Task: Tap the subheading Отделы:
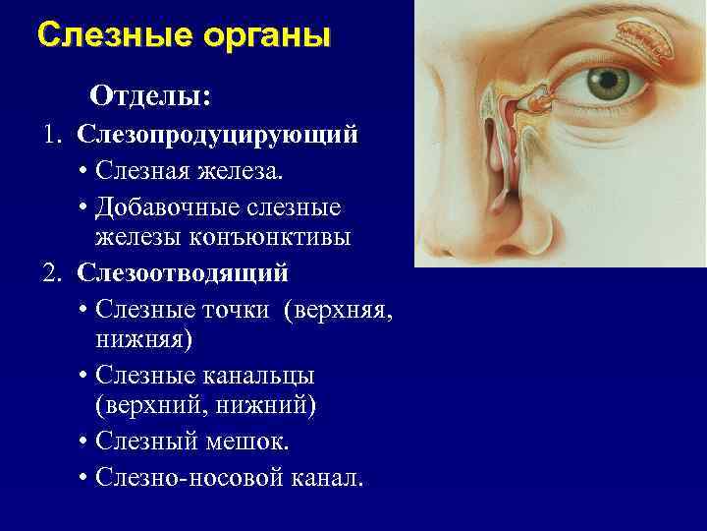pos(151,96)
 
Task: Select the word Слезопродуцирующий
pos(218,134)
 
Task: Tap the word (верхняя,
pos(338,310)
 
